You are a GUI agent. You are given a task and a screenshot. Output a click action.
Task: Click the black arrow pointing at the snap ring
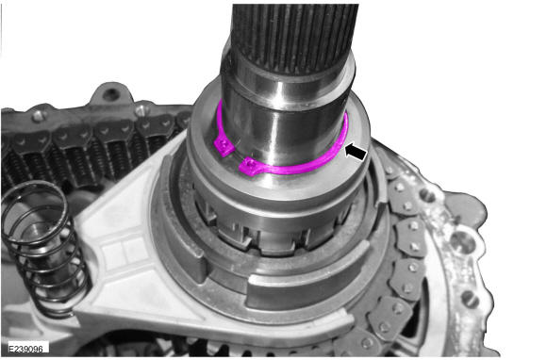pyautogui.click(x=356, y=153)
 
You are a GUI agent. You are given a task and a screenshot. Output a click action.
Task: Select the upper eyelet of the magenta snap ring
pyautogui.click(x=224, y=146)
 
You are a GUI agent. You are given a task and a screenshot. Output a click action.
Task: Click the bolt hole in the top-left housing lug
pyautogui.click(x=111, y=93)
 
